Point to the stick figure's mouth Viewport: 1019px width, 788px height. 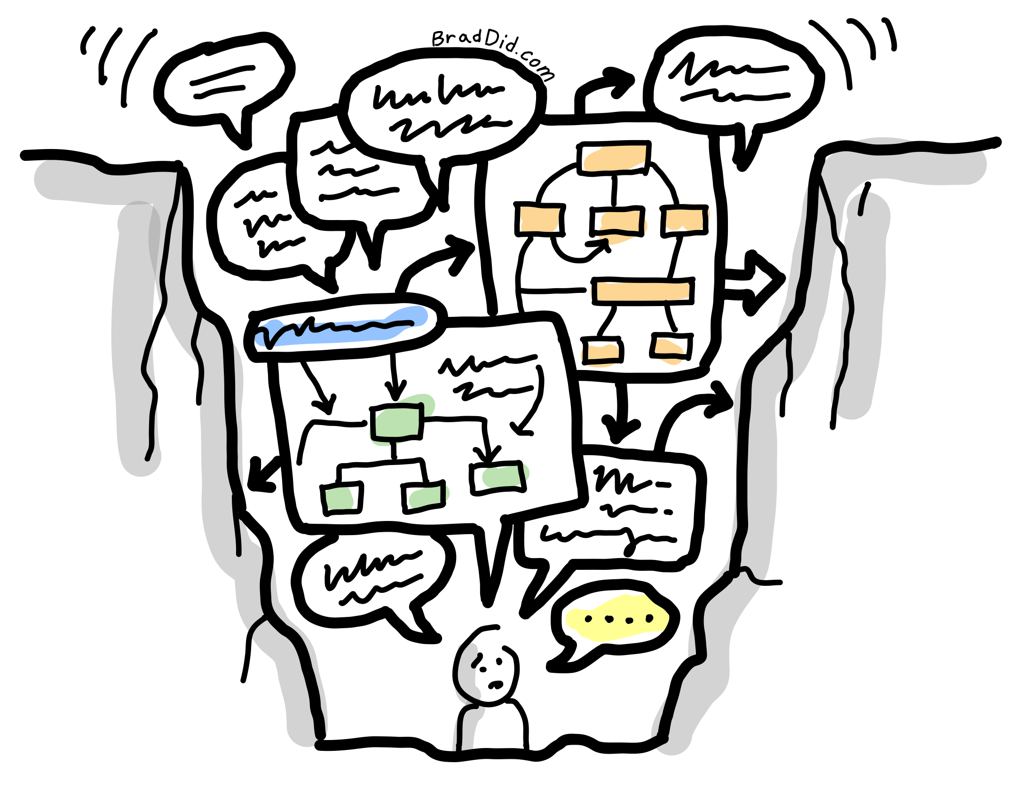pyautogui.click(x=495, y=685)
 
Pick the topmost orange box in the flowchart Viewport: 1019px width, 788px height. pyautogui.click(x=614, y=158)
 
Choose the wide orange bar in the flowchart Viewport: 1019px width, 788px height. pyautogui.click(x=642, y=291)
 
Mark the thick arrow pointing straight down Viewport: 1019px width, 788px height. pyautogui.click(x=621, y=414)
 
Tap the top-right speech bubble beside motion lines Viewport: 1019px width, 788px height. pyautogui.click(x=734, y=80)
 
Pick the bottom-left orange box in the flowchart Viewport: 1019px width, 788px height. pyautogui.click(x=602, y=351)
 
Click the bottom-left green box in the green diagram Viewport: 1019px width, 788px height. pyautogui.click(x=342, y=499)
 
